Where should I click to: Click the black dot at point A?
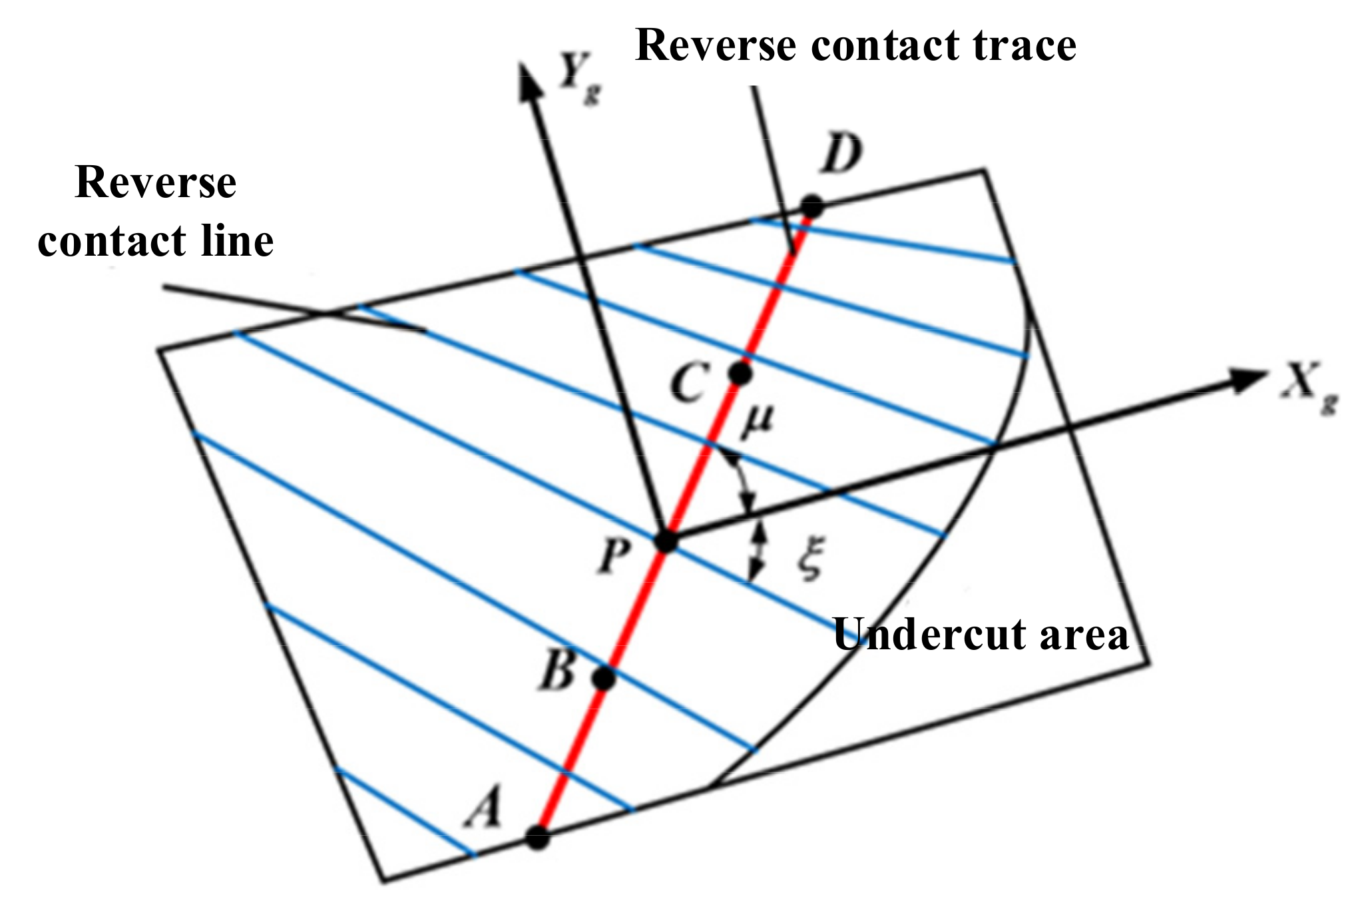[538, 837]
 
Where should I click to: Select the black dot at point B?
[604, 679]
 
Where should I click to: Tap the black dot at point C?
[740, 374]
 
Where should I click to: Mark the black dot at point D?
[811, 206]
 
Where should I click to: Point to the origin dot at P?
[666, 541]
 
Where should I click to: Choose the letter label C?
[688, 384]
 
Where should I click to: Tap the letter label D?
[842, 154]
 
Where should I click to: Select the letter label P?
[613, 556]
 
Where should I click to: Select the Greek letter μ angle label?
[758, 421]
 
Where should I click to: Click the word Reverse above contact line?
[156, 182]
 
